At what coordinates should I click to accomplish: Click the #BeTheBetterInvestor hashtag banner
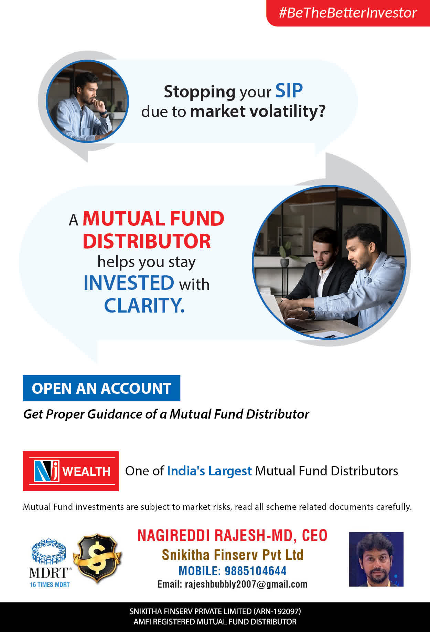[x=348, y=13]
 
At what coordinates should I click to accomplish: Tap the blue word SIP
[x=289, y=91]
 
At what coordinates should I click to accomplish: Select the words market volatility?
[x=258, y=112]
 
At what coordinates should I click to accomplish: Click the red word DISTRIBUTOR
[x=147, y=241]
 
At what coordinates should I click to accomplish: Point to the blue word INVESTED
[x=129, y=283]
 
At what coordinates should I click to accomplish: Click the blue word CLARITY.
[x=144, y=305]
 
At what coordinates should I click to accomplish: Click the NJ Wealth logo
[x=71, y=471]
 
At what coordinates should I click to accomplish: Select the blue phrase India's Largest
[x=209, y=471]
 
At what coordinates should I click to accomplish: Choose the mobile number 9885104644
[x=256, y=571]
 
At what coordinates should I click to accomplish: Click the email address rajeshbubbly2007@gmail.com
[x=246, y=584]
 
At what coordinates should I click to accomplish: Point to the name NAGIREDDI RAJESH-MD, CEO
[x=233, y=536]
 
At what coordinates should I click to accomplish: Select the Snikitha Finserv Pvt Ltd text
[x=233, y=555]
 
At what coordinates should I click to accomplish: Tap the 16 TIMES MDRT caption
[x=50, y=584]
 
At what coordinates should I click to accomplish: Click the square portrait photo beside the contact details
[x=376, y=559]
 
